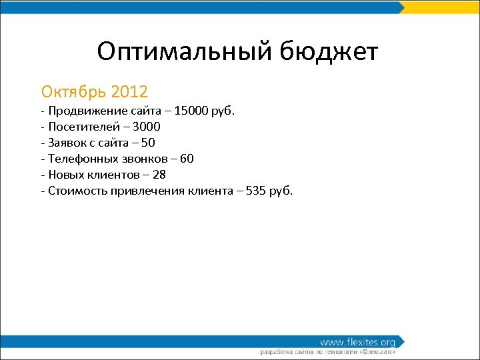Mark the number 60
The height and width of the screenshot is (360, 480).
tap(187, 159)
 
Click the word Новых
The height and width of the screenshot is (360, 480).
tap(65, 175)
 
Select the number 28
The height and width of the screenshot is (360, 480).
tap(159, 175)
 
